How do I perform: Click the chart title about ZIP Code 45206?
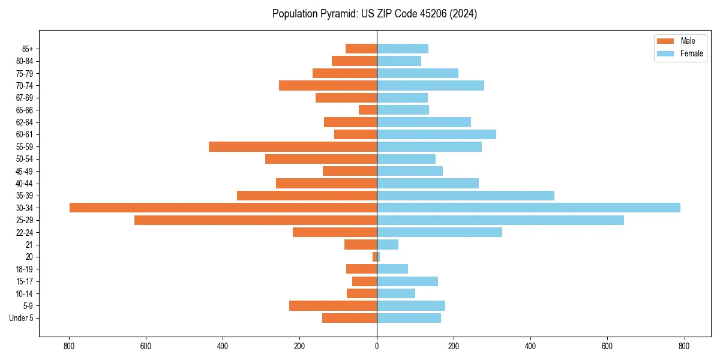click(x=374, y=14)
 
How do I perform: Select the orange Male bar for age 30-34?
click(x=223, y=208)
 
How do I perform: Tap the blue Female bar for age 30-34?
click(x=528, y=208)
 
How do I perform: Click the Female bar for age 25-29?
click(x=500, y=220)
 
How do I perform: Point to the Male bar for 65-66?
click(x=368, y=110)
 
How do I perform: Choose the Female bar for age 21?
click(x=388, y=244)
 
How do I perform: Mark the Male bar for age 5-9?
click(x=333, y=305)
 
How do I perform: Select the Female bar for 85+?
click(x=403, y=49)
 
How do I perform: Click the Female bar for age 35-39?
click(x=466, y=196)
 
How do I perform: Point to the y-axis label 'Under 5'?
click(x=21, y=318)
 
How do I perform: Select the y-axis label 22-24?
click(x=25, y=232)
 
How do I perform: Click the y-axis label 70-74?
click(x=25, y=85)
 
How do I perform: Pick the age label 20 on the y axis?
click(x=29, y=257)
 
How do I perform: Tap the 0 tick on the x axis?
click(x=377, y=346)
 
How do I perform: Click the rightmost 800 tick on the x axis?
click(x=684, y=346)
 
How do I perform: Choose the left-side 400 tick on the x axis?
click(x=223, y=346)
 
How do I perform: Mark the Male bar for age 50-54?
click(x=321, y=159)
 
